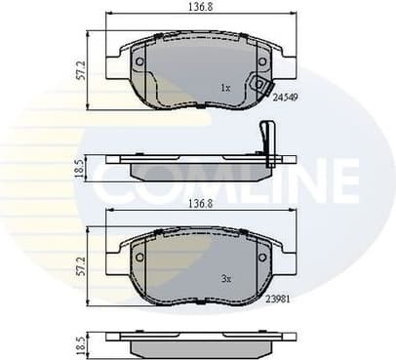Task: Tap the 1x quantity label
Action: (x=224, y=88)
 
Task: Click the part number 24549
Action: (x=285, y=98)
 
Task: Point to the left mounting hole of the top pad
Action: (x=139, y=61)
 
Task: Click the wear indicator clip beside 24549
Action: (x=261, y=86)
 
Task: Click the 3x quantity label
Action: (x=224, y=277)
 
